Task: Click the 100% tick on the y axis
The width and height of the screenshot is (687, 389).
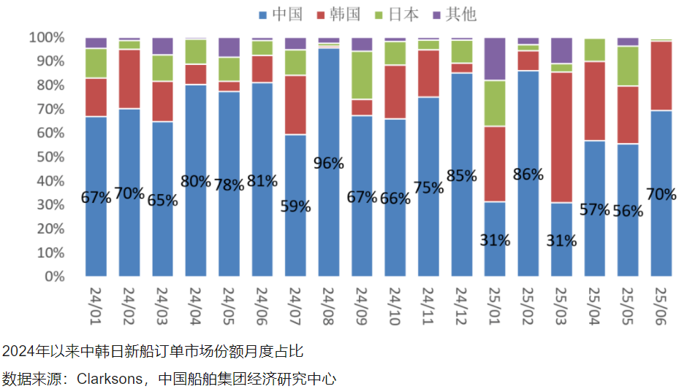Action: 46,37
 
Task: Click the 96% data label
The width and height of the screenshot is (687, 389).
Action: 329,163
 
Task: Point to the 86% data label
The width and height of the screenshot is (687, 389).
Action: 528,174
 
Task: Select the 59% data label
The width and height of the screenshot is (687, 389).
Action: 295,207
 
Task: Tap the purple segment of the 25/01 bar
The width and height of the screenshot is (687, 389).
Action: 495,58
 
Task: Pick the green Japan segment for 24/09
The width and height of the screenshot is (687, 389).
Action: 362,75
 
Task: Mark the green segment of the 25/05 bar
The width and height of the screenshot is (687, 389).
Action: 628,66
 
